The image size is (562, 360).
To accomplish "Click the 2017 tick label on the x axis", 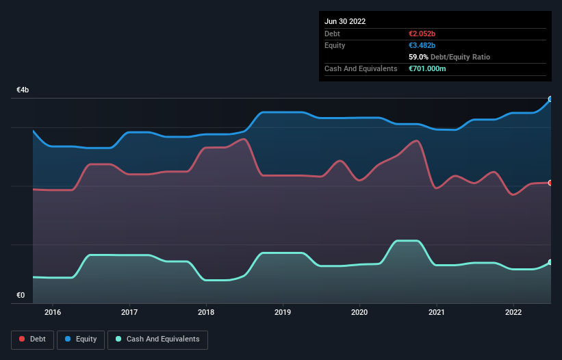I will tap(129, 313).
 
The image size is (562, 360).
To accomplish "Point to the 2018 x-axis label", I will tap(206, 313).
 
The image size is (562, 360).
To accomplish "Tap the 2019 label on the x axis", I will tap(283, 313).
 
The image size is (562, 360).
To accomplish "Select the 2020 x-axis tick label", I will tap(359, 313).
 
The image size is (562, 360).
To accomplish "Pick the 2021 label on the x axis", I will tap(436, 313).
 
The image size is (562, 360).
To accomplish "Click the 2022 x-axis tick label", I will tap(513, 313).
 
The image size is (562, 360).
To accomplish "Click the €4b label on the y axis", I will tap(23, 90).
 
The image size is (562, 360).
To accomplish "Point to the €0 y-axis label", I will tap(21, 296).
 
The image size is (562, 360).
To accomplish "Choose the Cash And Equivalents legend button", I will tap(157, 339).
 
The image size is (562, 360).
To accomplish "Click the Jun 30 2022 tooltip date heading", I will tap(345, 21).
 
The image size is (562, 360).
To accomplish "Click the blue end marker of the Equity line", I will tap(550, 99).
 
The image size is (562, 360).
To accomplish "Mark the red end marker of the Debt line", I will tap(550, 183).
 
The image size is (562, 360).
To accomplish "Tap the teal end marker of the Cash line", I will tap(550, 262).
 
